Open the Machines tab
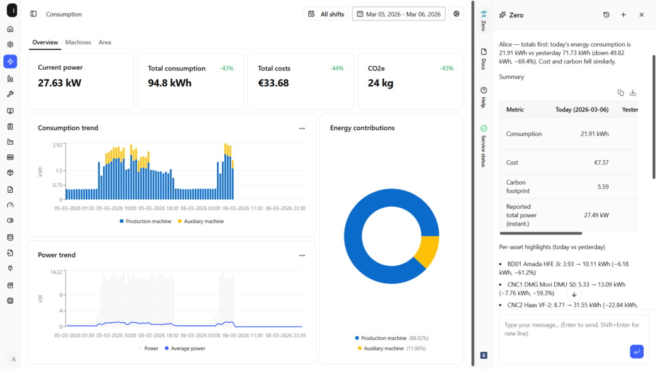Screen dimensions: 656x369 [x=78, y=42]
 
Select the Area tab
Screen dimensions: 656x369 [x=104, y=42]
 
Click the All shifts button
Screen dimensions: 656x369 [x=326, y=14]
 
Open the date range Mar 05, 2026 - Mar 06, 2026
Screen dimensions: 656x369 [x=398, y=14]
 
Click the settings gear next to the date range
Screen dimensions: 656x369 [x=456, y=14]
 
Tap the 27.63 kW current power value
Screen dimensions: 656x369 [x=60, y=83]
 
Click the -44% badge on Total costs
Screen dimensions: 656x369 [x=336, y=68]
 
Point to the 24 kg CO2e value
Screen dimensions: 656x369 [x=381, y=83]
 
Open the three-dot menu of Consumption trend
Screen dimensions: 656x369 [x=302, y=128]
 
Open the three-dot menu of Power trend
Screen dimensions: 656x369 [x=302, y=256]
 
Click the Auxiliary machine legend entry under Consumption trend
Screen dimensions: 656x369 [x=201, y=221]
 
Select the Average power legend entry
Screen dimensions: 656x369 [x=185, y=348]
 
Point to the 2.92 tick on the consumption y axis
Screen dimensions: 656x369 [x=57, y=145]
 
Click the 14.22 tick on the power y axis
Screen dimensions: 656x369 [x=56, y=272]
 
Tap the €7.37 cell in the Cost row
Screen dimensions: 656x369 [x=601, y=162]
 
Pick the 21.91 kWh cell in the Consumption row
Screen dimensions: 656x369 [x=594, y=134]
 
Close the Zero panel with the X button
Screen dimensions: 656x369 [x=641, y=15]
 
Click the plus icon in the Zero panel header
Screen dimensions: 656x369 [x=623, y=15]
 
